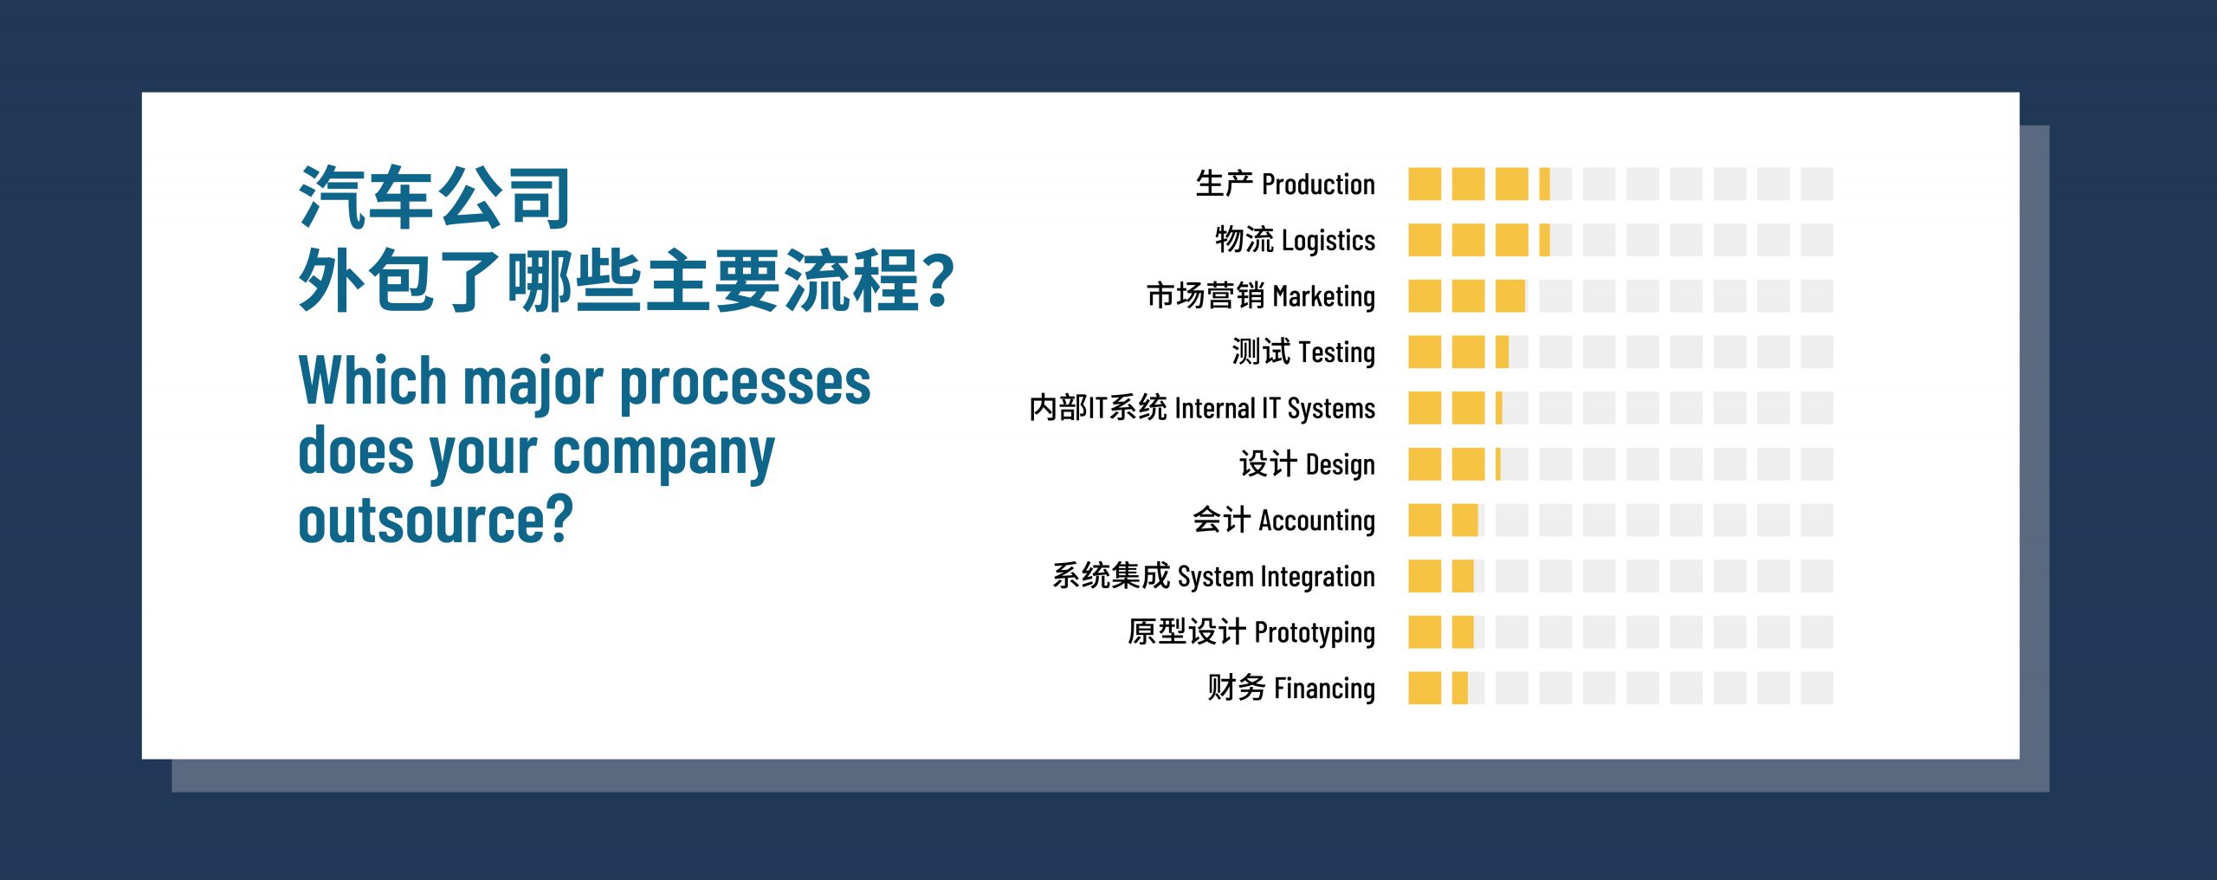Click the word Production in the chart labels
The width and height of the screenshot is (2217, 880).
click(x=1318, y=184)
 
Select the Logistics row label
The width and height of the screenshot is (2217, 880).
click(x=1295, y=240)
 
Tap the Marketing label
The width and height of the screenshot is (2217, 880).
click(x=1261, y=296)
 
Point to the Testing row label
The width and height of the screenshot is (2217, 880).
click(x=1303, y=352)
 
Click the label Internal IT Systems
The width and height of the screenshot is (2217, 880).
click(x=1202, y=408)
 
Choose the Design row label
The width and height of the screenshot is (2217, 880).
click(x=1307, y=464)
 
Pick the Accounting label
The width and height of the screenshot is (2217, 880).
click(x=1283, y=520)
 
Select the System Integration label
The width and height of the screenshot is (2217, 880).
click(x=1213, y=576)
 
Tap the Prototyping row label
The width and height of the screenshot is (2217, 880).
click(x=1251, y=632)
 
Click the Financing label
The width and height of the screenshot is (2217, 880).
click(x=1291, y=688)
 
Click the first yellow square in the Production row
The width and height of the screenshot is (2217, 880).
click(x=1425, y=184)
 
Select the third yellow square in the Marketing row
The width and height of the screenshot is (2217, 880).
click(x=1510, y=296)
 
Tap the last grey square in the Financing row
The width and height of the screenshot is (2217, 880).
click(x=1817, y=688)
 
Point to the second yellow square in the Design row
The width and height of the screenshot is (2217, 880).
click(x=1468, y=464)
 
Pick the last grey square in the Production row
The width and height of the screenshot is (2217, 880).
click(x=1817, y=184)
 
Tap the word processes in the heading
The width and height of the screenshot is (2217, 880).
click(x=745, y=385)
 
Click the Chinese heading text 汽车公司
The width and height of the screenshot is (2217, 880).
click(x=434, y=197)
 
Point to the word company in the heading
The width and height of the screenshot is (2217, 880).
click(x=663, y=454)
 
